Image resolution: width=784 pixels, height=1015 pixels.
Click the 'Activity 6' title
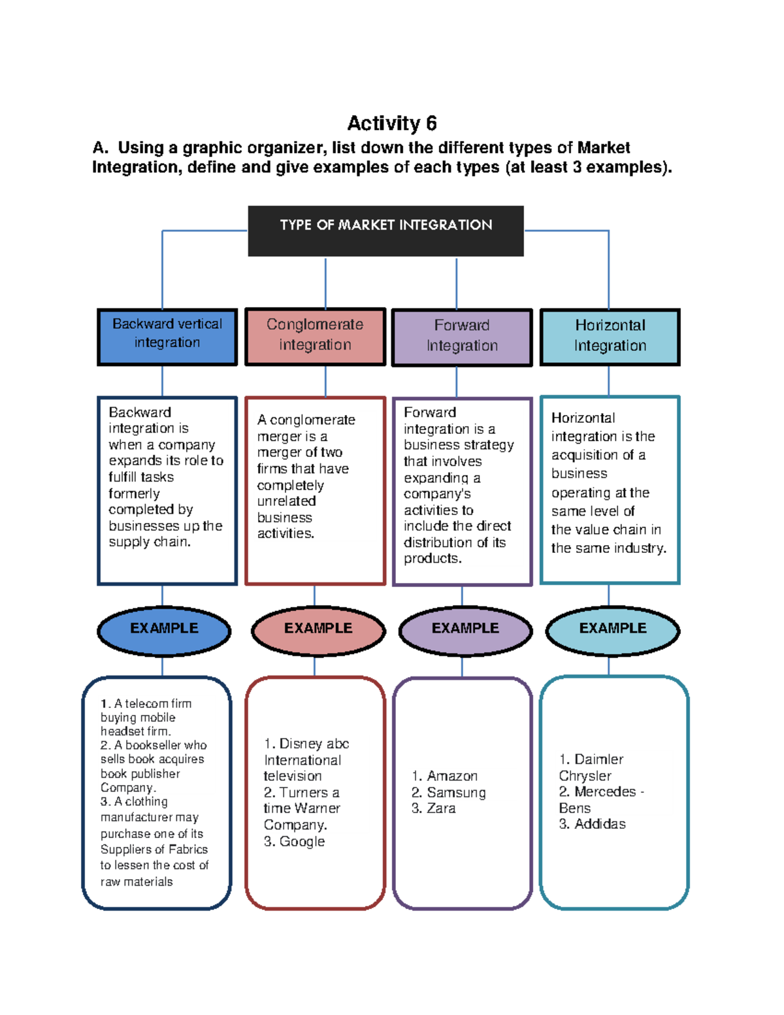click(391, 123)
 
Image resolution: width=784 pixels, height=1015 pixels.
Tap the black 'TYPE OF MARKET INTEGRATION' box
click(385, 230)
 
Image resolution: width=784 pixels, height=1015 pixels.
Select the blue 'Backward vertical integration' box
click(167, 337)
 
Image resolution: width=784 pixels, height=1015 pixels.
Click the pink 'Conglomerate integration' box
click(315, 337)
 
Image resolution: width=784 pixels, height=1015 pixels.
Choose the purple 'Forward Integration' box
click(462, 337)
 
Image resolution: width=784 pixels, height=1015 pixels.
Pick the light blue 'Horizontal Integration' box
click(610, 337)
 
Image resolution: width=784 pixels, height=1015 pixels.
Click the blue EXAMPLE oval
click(164, 630)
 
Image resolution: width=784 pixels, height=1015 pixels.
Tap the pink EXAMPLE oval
click(318, 630)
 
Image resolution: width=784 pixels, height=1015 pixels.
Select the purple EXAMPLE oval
click(465, 630)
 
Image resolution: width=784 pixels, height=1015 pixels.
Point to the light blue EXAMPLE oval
click(613, 630)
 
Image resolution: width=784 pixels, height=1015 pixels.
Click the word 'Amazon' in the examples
click(452, 776)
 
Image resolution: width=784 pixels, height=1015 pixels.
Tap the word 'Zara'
click(441, 808)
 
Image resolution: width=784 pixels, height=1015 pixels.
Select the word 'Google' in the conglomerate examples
click(302, 842)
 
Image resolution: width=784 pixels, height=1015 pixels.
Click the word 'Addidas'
click(600, 824)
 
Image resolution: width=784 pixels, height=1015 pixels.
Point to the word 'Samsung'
click(456, 793)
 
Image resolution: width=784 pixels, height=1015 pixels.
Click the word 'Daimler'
click(598, 759)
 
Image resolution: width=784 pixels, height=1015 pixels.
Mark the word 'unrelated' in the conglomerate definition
click(286, 501)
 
